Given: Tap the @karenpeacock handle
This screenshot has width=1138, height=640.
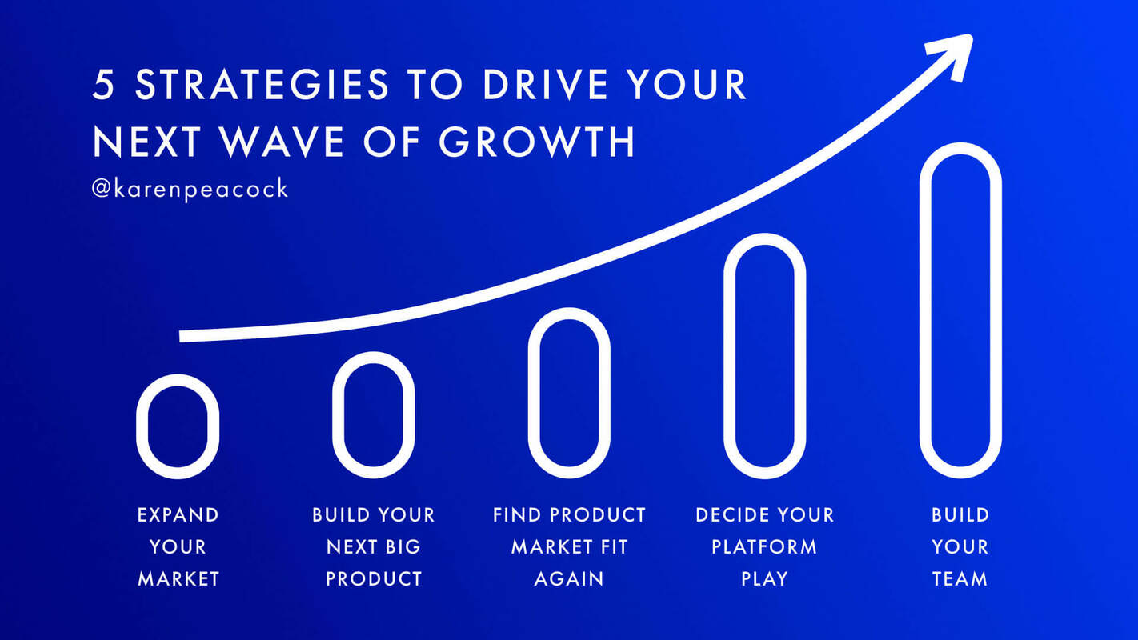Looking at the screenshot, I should tap(190, 190).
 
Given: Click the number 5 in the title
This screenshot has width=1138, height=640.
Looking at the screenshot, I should tap(103, 86).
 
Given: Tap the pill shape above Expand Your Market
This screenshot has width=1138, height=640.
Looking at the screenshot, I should tap(178, 426).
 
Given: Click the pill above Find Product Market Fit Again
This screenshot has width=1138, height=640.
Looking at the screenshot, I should tap(569, 393).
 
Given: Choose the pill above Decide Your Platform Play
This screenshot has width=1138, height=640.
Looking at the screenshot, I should tap(764, 356).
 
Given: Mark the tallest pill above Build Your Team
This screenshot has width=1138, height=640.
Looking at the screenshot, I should tap(960, 310).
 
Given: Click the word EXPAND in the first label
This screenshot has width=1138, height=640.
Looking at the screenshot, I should tap(178, 514).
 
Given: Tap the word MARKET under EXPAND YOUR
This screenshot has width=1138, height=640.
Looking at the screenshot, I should tap(178, 578).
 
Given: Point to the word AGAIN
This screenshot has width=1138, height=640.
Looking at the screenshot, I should tap(569, 578).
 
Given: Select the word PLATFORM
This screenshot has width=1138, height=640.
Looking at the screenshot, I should tap(764, 546).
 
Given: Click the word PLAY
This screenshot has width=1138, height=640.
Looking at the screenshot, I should tap(764, 578).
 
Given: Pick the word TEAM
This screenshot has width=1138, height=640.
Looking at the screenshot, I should tap(960, 578).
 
